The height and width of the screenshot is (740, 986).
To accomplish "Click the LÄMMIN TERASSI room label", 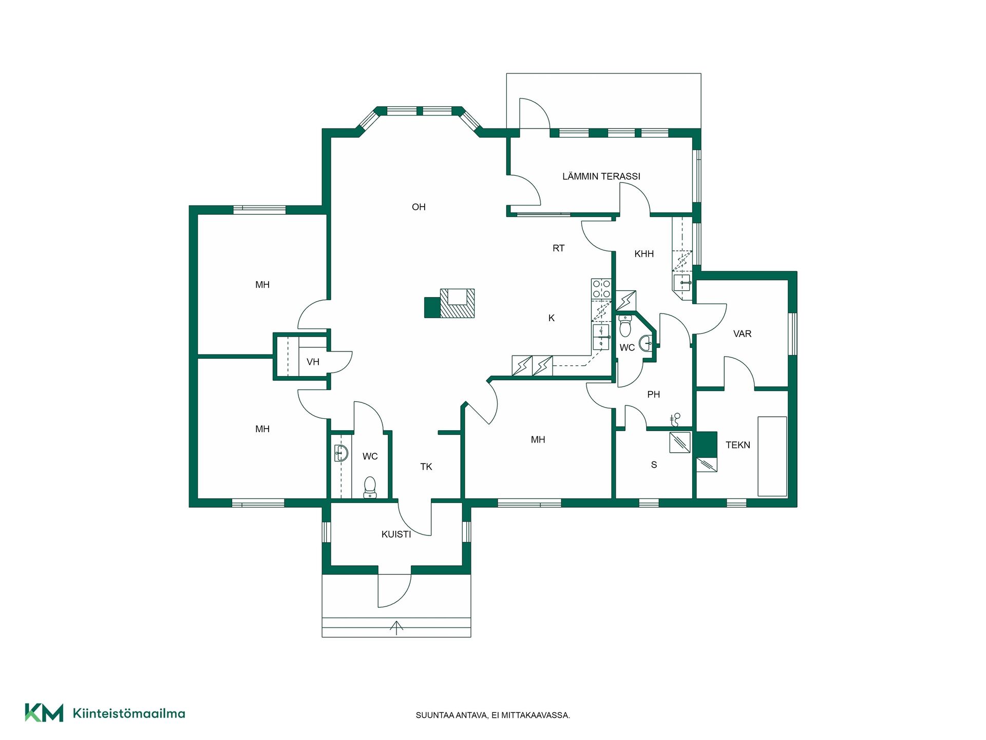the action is (x=601, y=176).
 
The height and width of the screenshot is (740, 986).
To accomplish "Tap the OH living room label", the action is (x=419, y=207).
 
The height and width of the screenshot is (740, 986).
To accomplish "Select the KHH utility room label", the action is (x=644, y=254).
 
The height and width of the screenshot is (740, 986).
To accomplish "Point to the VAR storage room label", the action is (x=742, y=334).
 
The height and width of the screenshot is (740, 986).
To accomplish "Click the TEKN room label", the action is (x=738, y=445).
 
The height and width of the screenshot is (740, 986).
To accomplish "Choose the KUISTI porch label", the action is (x=396, y=534).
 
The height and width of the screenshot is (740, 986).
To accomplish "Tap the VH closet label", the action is (x=313, y=362).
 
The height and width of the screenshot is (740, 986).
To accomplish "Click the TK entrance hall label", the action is (x=426, y=467).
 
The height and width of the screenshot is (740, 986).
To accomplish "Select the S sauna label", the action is (x=654, y=465).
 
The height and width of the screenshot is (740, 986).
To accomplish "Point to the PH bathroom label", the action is (x=653, y=395).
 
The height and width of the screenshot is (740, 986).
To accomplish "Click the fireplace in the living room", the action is (x=457, y=303).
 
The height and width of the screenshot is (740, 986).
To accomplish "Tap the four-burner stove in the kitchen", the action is (x=601, y=289).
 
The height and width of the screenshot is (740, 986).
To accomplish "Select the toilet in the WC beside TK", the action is (x=370, y=487).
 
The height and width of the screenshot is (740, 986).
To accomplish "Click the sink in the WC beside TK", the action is (x=341, y=453).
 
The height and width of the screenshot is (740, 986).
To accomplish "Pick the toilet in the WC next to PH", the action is (x=625, y=326).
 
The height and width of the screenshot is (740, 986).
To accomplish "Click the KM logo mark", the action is (x=44, y=713).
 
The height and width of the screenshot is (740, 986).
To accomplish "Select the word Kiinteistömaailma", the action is (x=129, y=713).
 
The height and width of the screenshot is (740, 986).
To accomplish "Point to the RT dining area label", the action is (x=558, y=248).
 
